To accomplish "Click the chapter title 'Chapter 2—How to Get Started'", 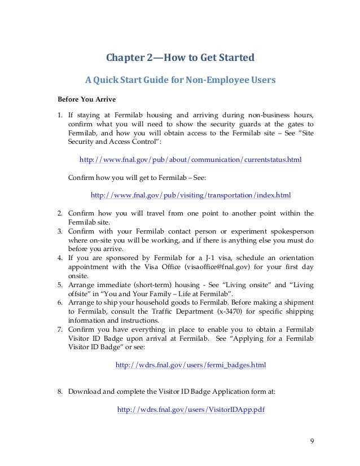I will (180, 58).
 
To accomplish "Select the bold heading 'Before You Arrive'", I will (86, 100).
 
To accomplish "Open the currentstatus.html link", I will (191, 160).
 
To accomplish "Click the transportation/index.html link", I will (191, 196).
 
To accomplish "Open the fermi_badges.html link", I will (191, 365).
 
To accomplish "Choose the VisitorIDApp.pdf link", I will (190, 410).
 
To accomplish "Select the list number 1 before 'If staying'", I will (60, 115).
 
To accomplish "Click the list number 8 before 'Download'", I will (60, 390).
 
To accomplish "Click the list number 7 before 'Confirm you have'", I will (60, 330).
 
